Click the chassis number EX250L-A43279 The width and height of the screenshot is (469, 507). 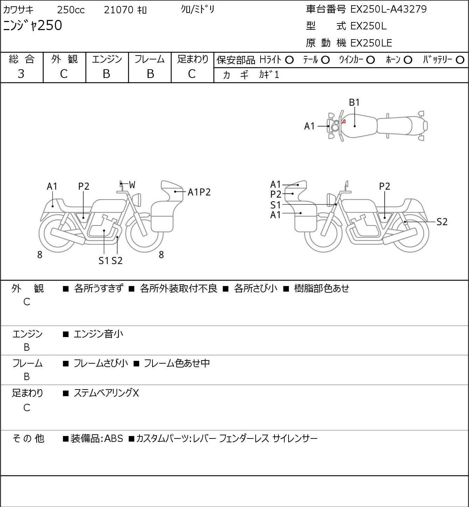[x=388, y=9]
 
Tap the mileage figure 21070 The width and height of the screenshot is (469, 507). [x=119, y=10]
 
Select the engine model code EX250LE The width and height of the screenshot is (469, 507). [x=371, y=43]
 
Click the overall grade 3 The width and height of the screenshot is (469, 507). [x=21, y=74]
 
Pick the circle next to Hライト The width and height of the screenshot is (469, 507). [x=289, y=60]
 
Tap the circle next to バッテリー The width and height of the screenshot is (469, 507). [x=460, y=60]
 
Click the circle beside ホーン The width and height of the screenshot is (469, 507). [x=408, y=60]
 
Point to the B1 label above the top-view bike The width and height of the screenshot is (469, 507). [x=354, y=102]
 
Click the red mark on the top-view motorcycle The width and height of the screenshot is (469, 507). [x=344, y=122]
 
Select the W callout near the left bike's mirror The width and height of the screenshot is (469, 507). [x=132, y=185]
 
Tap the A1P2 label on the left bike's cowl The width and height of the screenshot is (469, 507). [x=199, y=192]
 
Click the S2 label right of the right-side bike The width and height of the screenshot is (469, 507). [x=442, y=222]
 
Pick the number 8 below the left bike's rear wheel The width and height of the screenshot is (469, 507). [x=40, y=255]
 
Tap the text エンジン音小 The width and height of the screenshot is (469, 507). [x=98, y=334]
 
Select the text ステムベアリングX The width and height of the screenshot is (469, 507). [x=106, y=393]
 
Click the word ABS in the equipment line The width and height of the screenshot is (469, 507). [x=114, y=438]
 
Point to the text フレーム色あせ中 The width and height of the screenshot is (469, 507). [x=177, y=363]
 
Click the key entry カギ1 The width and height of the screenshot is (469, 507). [x=269, y=75]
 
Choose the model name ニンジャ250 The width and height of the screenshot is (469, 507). [x=33, y=26]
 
